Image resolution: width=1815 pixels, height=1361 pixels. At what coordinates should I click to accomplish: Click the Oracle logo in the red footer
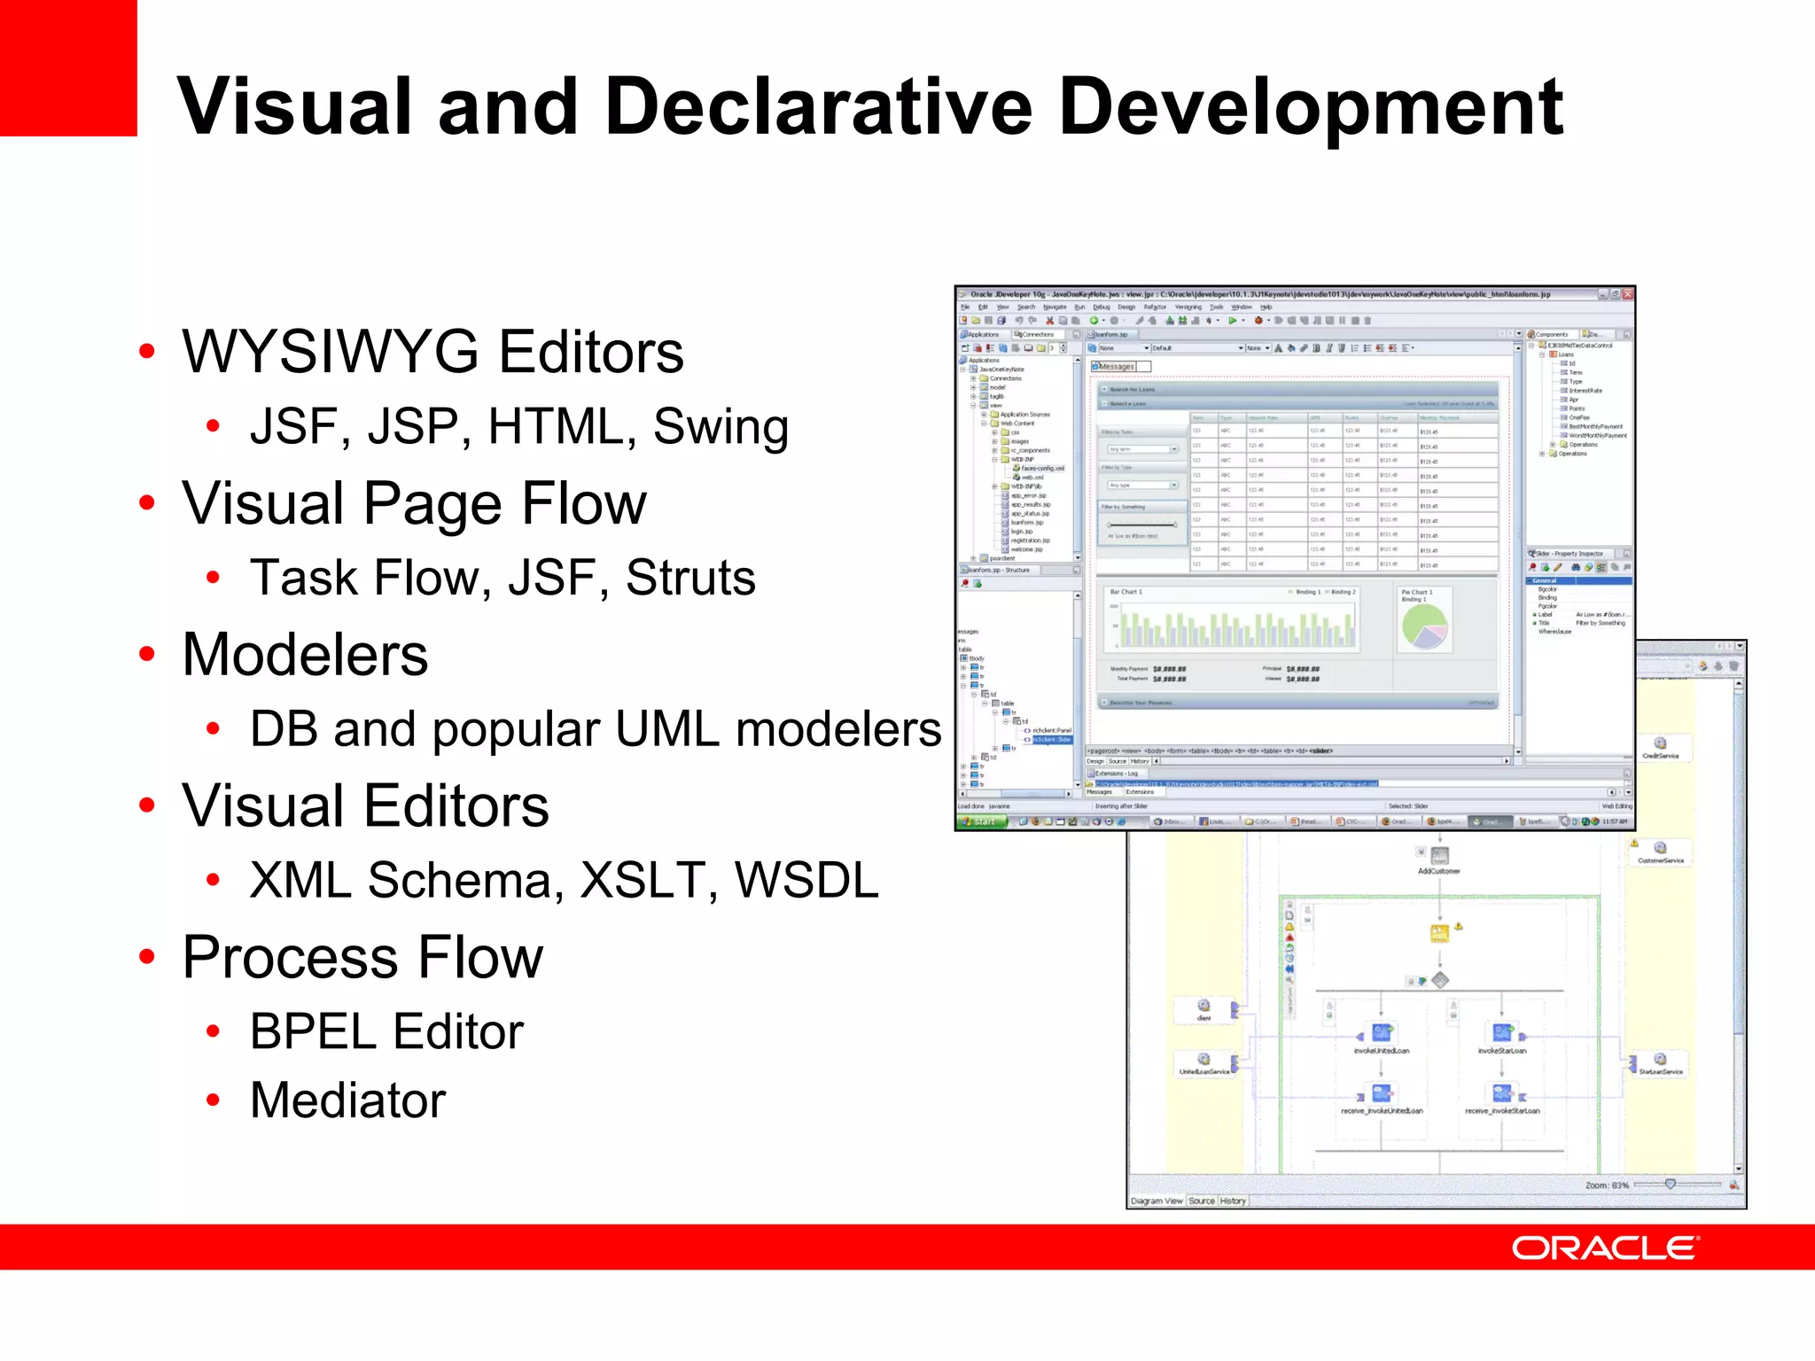1604,1248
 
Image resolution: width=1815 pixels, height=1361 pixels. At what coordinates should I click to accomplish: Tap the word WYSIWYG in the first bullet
333,352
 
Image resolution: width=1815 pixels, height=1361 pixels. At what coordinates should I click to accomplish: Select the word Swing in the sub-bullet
721,427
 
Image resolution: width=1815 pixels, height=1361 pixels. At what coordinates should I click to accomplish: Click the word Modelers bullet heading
305,655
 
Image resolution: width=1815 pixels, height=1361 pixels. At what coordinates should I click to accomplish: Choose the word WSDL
806,881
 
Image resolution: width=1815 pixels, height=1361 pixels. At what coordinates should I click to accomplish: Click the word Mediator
347,1100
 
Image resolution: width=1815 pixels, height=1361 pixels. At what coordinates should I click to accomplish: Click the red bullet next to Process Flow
147,957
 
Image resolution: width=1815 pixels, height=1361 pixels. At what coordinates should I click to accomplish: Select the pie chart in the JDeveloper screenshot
1424,626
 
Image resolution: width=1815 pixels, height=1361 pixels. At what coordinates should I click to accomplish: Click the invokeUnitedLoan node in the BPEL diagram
1381,1033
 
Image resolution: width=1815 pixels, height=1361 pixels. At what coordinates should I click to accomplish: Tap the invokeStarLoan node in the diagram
1502,1033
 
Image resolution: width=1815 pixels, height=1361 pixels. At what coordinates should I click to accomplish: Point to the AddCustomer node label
1438,871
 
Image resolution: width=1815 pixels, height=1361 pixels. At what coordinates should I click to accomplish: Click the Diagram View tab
1156,1201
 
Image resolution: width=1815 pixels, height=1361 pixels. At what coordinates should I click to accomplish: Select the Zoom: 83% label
1607,1185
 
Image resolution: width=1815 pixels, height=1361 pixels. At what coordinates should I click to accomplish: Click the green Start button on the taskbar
983,821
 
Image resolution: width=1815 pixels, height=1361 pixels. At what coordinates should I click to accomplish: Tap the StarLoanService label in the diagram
1660,1072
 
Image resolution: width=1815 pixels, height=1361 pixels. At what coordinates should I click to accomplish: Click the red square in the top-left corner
68,67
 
